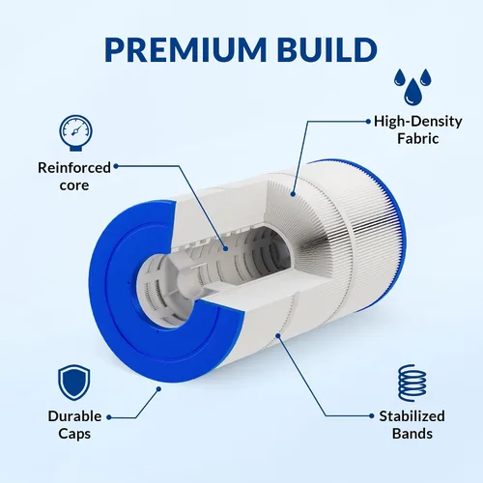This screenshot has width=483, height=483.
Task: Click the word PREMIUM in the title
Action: tap(185, 49)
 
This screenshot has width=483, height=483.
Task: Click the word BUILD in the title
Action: tap(327, 49)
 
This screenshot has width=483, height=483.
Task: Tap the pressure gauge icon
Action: tap(75, 132)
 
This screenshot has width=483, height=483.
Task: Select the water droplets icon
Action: tap(412, 87)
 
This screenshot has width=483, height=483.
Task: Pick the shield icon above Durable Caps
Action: tap(74, 383)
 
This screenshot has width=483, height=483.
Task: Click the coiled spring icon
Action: tap(412, 383)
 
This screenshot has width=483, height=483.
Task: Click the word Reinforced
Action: tap(74, 168)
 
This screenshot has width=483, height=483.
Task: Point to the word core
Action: tap(74, 185)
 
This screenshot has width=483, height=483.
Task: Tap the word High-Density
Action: tap(418, 122)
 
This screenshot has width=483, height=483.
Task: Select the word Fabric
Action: tap(418, 139)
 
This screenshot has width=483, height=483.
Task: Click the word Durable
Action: tap(74, 416)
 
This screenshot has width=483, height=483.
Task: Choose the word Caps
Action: tap(74, 434)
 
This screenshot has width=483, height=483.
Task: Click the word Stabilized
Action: tap(412, 416)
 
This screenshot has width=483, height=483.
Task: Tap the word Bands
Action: tap(412, 434)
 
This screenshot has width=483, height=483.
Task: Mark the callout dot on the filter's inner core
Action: tap(225, 248)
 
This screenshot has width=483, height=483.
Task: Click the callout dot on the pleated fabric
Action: tap(293, 194)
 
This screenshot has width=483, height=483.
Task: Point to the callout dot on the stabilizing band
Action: tap(278, 336)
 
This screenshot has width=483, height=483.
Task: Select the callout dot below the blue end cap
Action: tap(158, 389)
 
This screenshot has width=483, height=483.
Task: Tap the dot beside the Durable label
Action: tap(109, 417)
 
